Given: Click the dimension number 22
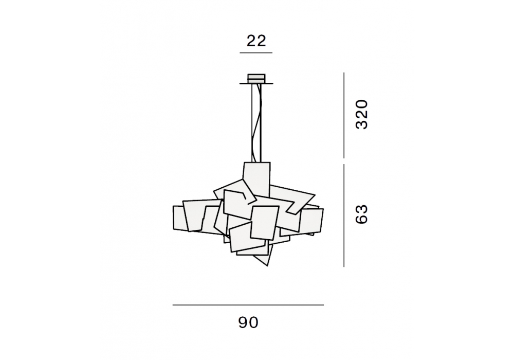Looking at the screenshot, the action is coord(256,41).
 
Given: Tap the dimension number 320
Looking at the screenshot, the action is coord(362,114).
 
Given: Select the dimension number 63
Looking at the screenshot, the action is coord(362,214).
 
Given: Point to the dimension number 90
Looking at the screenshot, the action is coord(248,322).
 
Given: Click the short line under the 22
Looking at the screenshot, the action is coord(256,53).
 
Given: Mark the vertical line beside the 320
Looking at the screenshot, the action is coord(344,115).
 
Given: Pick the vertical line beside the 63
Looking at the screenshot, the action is coord(344,215).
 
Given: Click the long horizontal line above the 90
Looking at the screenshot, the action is coord(248,305).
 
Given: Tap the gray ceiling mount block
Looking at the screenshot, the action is coord(256,78).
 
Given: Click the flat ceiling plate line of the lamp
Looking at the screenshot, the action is coord(256,84).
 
